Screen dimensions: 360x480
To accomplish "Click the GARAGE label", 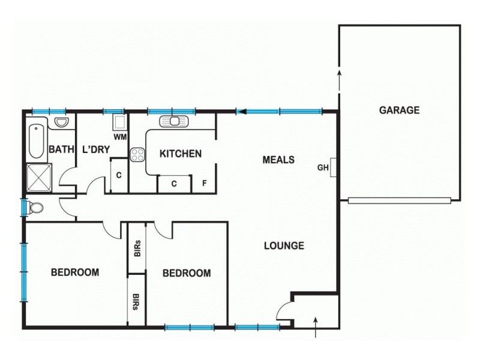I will click(x=398, y=110).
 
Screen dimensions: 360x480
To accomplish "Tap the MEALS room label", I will click(x=278, y=160).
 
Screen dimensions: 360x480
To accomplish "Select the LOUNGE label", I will click(x=284, y=245).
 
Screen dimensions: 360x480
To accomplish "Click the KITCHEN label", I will click(x=180, y=154).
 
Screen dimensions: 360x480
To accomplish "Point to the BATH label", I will click(x=61, y=149).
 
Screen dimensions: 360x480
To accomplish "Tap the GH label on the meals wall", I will click(x=323, y=168).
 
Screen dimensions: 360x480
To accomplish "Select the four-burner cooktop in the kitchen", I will click(x=138, y=155).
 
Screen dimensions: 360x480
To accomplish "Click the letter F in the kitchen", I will click(x=204, y=183).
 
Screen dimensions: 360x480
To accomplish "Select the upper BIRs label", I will click(x=137, y=248).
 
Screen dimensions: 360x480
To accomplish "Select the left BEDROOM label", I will click(x=74, y=272).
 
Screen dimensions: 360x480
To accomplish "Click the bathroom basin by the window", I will click(x=62, y=122).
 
